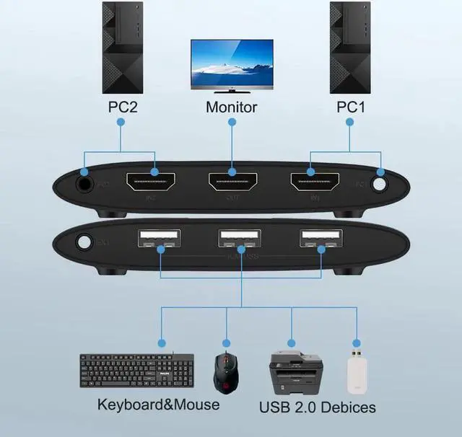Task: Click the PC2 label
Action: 121,107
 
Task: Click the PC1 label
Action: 352,107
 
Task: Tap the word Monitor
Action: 231,107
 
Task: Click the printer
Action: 295,372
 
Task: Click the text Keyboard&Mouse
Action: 158,404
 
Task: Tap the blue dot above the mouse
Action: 226,343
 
